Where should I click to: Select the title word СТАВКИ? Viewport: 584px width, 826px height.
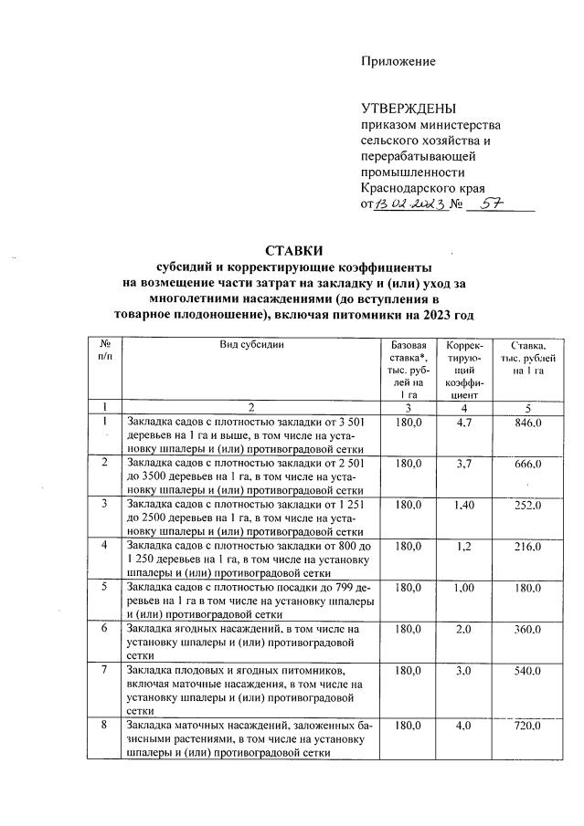(x=294, y=251)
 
